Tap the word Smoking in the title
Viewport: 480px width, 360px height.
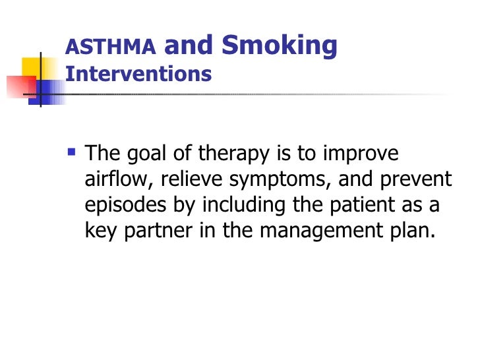[x=280, y=45]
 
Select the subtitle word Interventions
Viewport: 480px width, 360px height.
[x=138, y=73]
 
